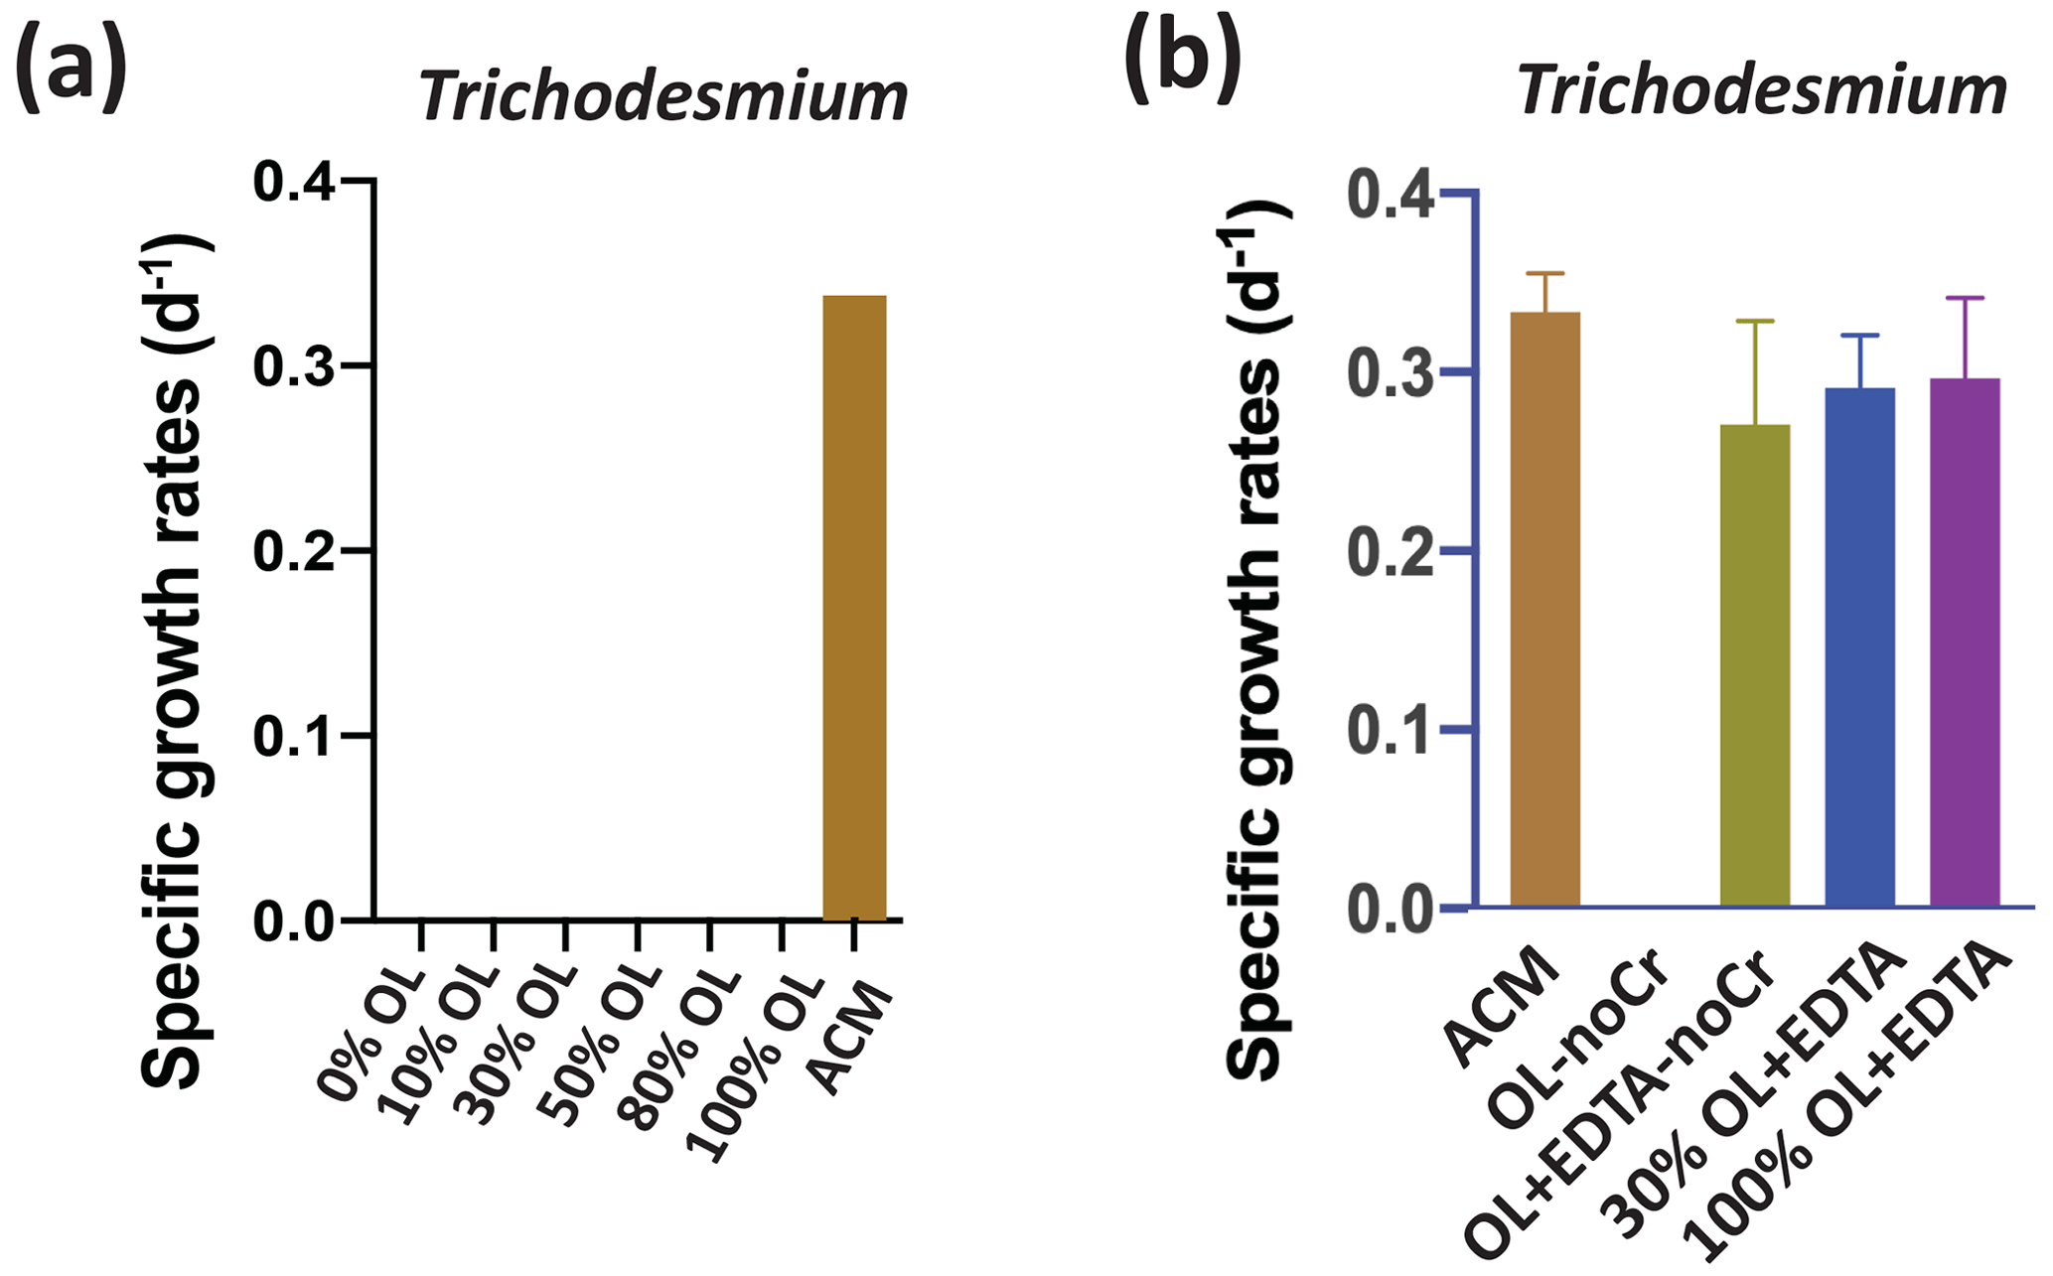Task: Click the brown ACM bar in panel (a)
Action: tap(854, 608)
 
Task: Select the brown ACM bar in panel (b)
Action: tap(1544, 608)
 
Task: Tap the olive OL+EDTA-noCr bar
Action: tap(1755, 665)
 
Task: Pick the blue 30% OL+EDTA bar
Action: tap(1859, 645)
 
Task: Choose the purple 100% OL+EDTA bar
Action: tap(1965, 641)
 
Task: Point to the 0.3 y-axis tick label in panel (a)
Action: tap(294, 366)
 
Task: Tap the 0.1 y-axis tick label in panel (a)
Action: tap(294, 736)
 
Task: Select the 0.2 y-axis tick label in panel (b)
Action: tap(1391, 552)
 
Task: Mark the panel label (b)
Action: tap(1182, 60)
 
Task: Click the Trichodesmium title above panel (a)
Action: tap(663, 97)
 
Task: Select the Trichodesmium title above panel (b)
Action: tap(1762, 91)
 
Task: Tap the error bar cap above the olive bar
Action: tap(1755, 321)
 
